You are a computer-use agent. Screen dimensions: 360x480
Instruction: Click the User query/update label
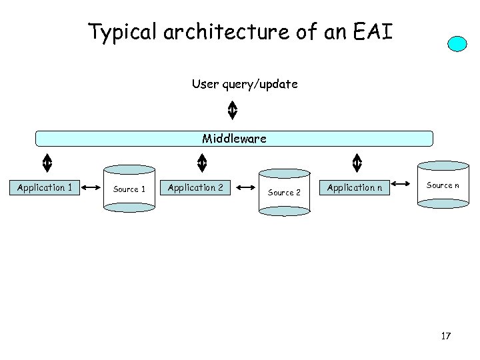click(x=245, y=84)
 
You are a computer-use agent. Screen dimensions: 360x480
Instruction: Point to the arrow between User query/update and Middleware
click(x=232, y=111)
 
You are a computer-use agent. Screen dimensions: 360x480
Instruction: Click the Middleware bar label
click(x=234, y=139)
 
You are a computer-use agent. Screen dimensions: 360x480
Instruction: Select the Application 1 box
click(x=45, y=187)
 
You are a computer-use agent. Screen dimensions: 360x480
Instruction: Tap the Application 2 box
click(x=195, y=187)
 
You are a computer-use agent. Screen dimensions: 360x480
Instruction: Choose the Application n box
click(x=354, y=187)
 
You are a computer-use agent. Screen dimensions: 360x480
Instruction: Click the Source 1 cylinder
click(x=129, y=189)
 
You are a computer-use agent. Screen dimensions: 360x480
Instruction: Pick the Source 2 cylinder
click(x=284, y=192)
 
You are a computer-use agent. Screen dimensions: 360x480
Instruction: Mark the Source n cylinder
click(x=443, y=185)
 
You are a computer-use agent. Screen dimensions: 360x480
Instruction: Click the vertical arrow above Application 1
click(x=47, y=163)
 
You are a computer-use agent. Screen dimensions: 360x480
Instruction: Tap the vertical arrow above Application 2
click(x=202, y=163)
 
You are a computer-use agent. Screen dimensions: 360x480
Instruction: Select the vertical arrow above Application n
click(x=357, y=163)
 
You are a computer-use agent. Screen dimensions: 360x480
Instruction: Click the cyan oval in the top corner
click(x=457, y=43)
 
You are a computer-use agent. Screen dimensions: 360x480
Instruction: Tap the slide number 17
click(x=446, y=336)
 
